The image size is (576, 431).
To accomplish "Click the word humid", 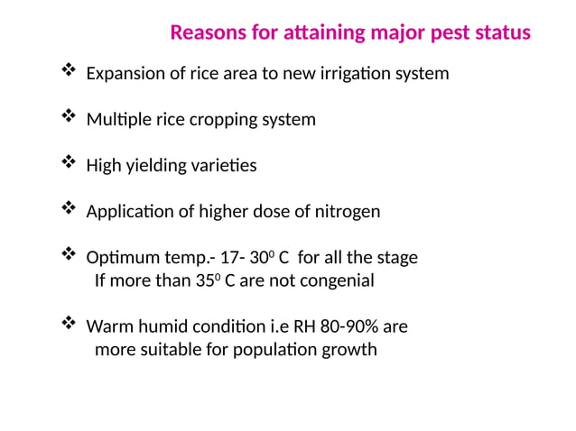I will tap(159, 326).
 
